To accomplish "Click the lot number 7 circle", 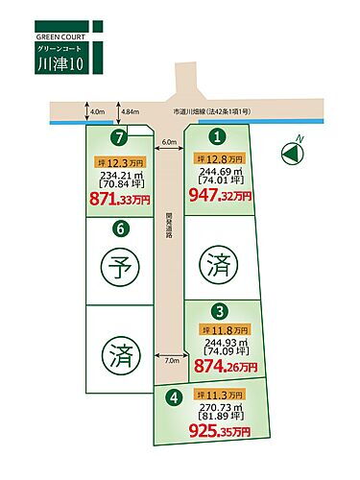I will [120, 137].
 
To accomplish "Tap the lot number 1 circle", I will [218, 137].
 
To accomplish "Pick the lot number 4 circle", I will [173, 394].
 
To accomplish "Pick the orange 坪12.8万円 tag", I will [224, 158].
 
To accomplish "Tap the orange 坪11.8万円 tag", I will [223, 329].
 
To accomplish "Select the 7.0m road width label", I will [173, 361].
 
